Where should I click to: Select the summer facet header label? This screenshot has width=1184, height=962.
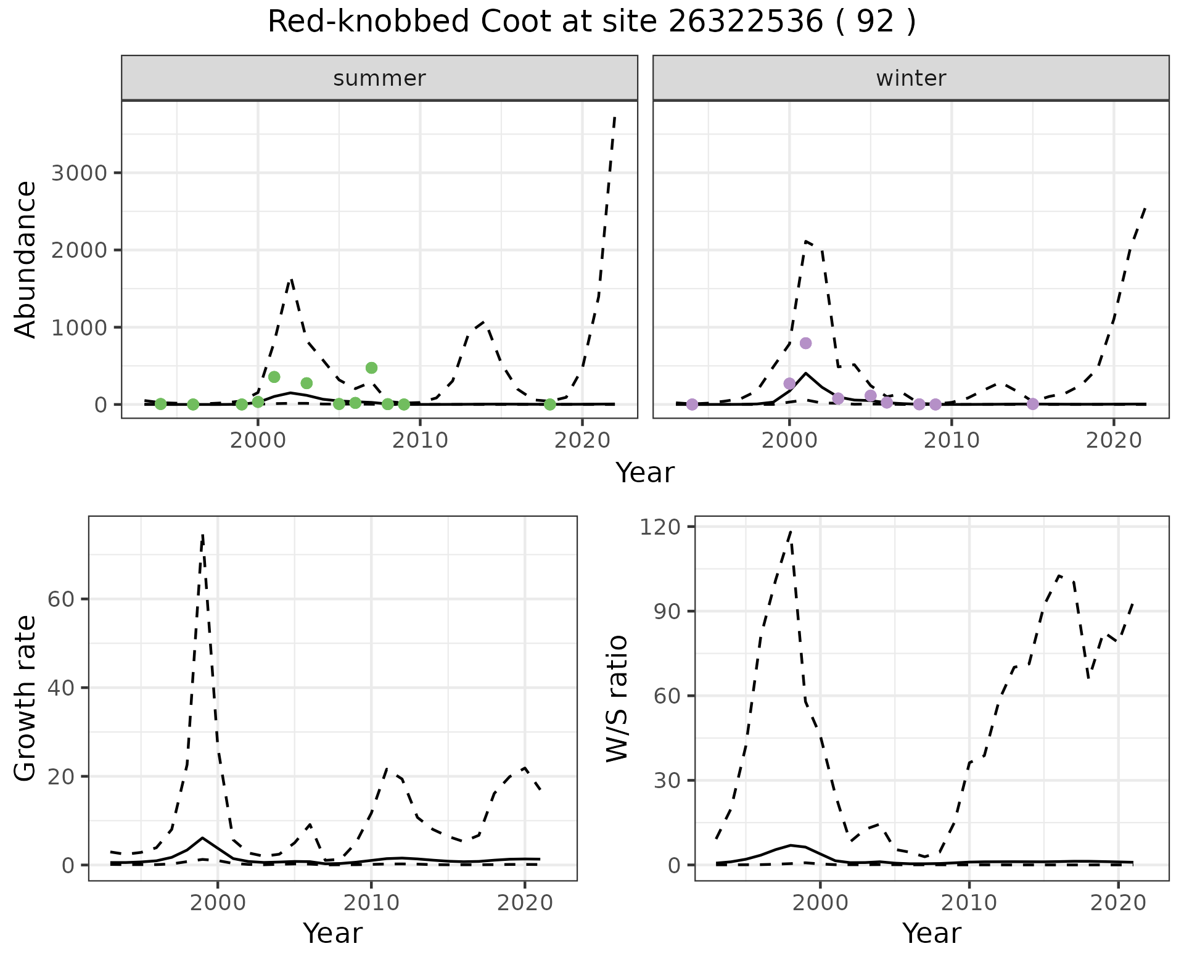pos(379,78)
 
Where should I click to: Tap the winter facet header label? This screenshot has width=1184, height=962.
pos(911,78)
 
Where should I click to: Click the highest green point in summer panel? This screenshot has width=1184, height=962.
pos(371,368)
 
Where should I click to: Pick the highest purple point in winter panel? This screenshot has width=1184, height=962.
pos(805,343)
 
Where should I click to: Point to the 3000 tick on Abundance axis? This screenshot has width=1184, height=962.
pos(79,173)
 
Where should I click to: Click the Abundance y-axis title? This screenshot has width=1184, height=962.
pos(26,260)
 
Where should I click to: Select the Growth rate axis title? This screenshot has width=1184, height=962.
pos(26,698)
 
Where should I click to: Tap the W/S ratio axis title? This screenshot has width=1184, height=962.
pos(617,698)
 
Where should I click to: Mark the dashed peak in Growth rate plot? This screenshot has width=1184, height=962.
pos(203,535)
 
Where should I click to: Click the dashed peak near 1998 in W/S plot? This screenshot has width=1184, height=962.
pos(791,530)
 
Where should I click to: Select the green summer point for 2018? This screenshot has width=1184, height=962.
pos(550,405)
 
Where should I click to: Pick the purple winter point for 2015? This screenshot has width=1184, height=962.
pos(1033,404)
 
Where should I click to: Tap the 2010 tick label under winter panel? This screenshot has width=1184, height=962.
pos(952,440)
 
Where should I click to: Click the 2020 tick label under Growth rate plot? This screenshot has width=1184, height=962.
pos(524,903)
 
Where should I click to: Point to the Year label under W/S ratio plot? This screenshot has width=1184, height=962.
pos(931,934)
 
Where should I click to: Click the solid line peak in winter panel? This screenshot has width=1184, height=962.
pos(805,373)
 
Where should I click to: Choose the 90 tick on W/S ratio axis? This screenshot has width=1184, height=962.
pos(668,612)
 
